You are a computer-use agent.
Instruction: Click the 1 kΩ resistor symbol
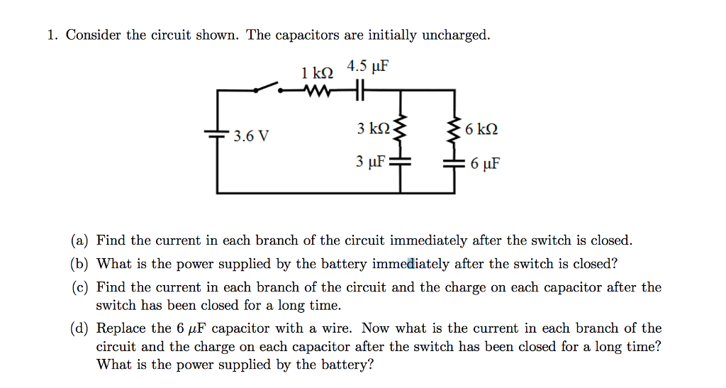pos(315,90)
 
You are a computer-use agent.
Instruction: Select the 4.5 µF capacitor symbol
pos(359,90)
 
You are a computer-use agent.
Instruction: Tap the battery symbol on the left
pos(217,133)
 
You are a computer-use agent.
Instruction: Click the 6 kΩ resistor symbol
pos(454,129)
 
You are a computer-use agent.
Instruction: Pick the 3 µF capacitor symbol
pos(401,162)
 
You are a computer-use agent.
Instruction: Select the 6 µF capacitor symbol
pos(454,163)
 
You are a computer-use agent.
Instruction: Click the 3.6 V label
pos(251,135)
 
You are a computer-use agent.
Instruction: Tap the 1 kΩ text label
pos(316,73)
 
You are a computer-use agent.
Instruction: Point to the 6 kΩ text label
pos(482,130)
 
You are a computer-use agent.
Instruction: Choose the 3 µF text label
pos(371,162)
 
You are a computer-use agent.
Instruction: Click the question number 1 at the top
pos(52,35)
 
